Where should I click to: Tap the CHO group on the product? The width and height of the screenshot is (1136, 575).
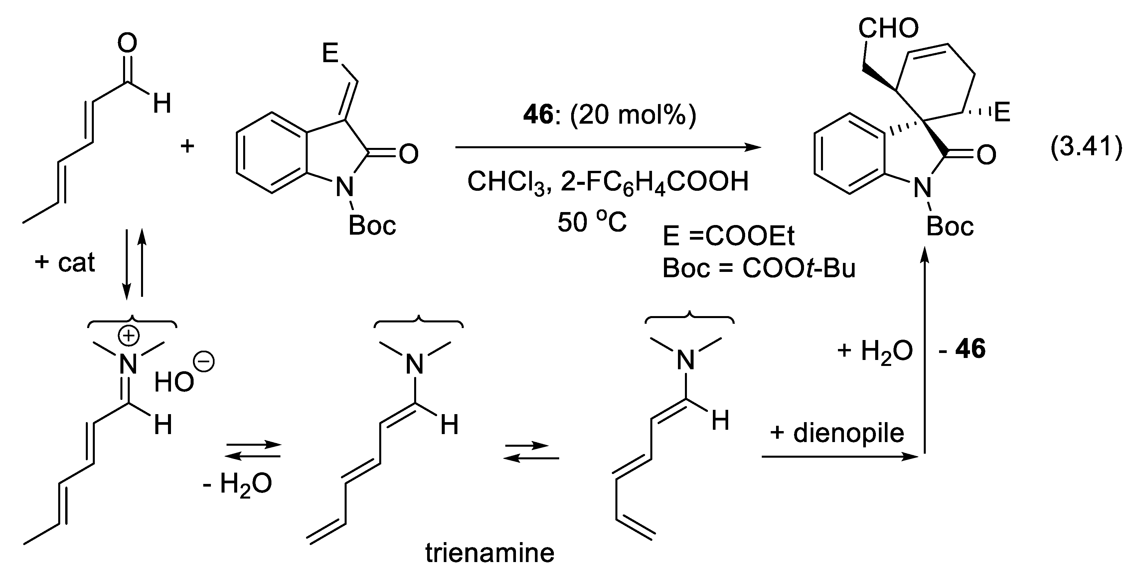click(888, 29)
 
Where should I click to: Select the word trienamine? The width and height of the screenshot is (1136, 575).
click(490, 553)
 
